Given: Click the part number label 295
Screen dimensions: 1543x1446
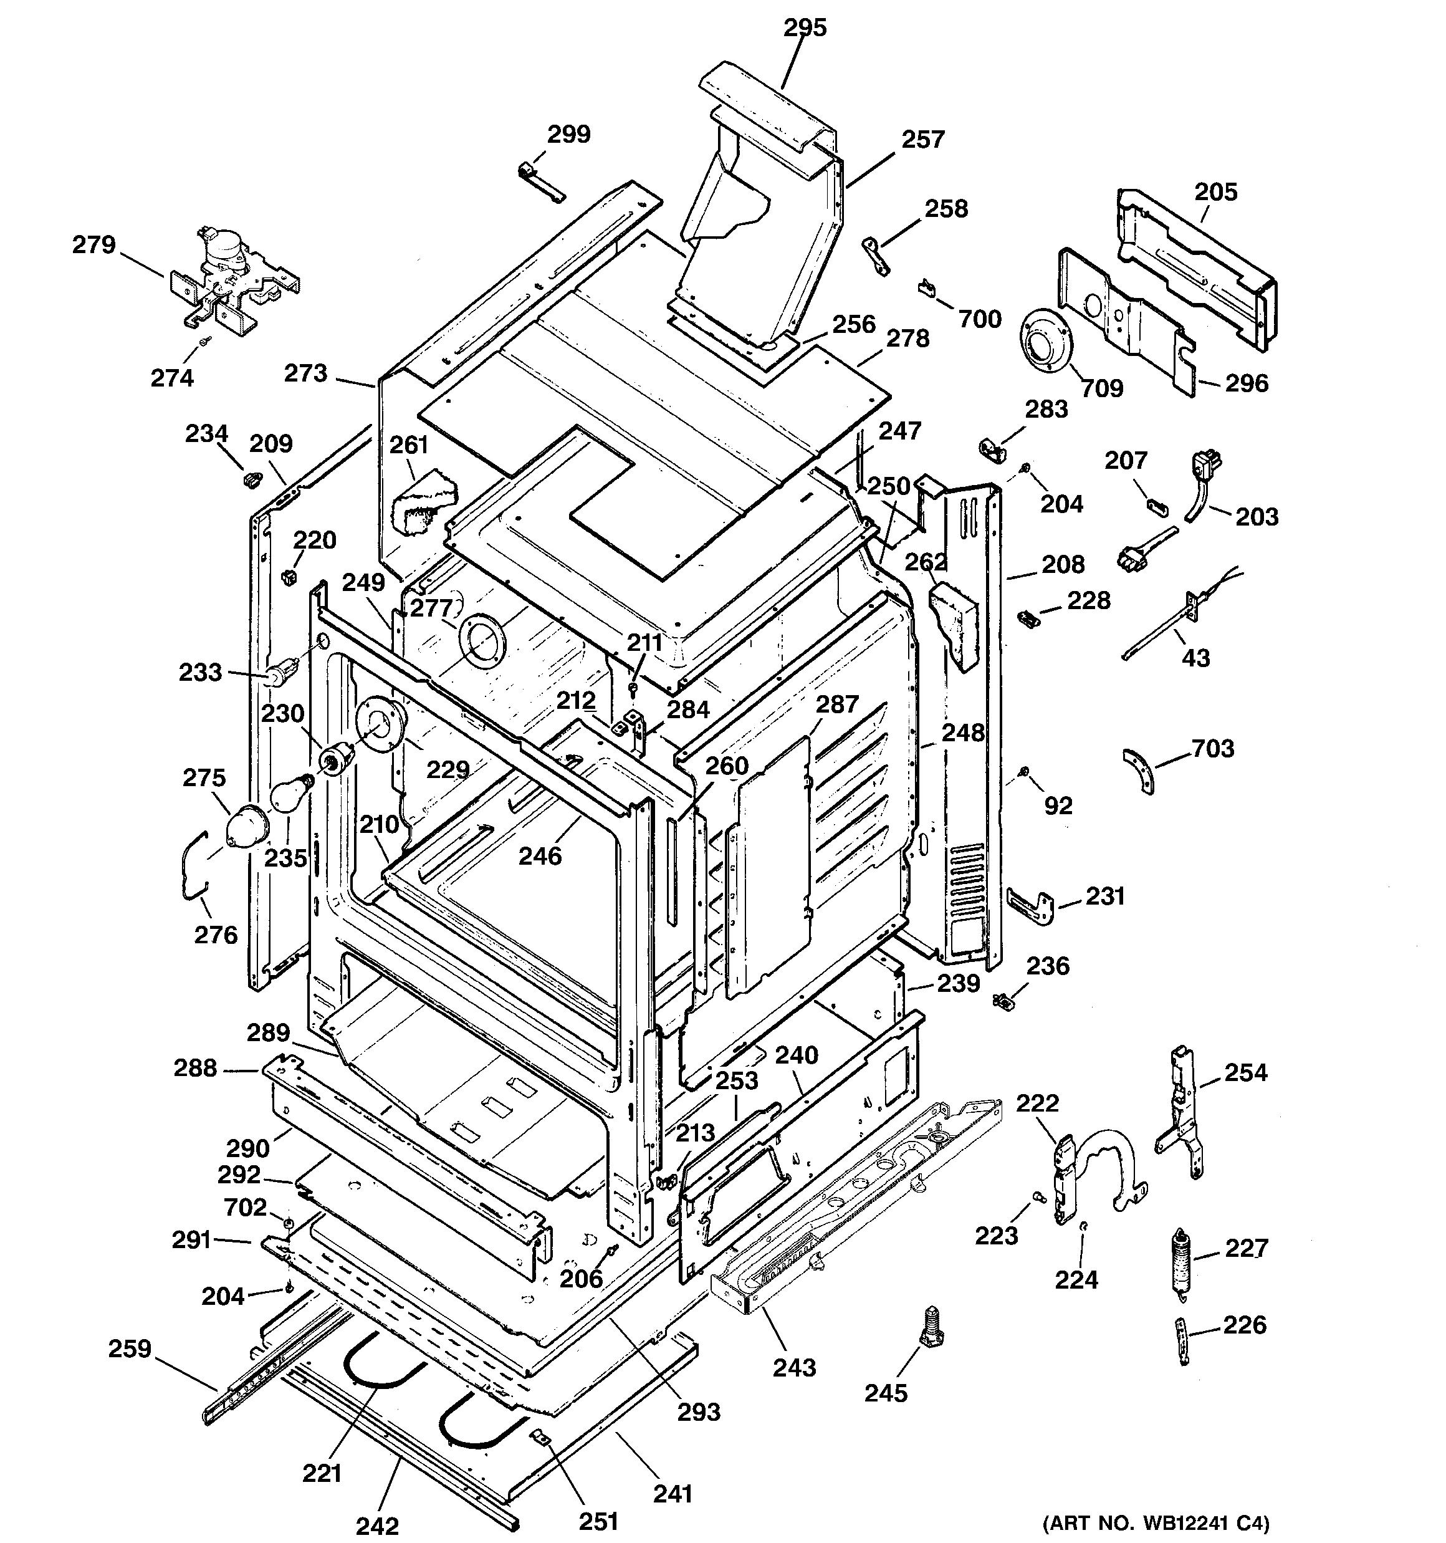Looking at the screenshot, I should point(805,28).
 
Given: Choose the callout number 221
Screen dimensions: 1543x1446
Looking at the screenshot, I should point(322,1473).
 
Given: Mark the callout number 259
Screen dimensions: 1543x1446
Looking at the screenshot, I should point(130,1348).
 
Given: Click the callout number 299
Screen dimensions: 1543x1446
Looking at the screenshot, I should point(569,134).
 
